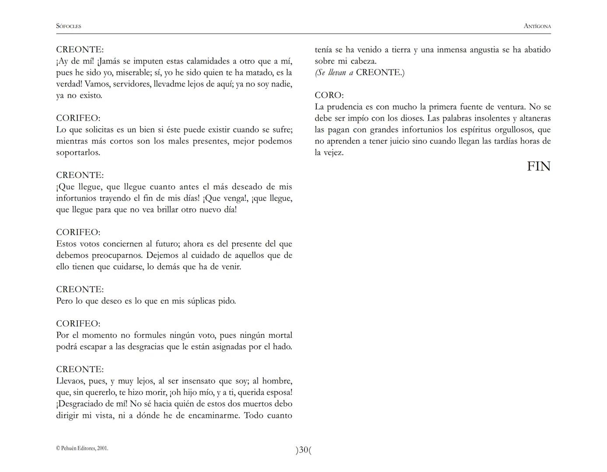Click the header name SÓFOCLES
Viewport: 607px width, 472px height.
(69, 26)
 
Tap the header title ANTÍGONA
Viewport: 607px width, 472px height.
(537, 26)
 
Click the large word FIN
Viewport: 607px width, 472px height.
(538, 167)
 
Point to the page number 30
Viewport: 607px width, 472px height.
(303, 450)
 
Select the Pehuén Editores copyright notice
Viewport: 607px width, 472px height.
(82, 448)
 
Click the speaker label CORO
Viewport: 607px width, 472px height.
(329, 95)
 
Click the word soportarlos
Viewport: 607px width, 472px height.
(78, 153)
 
